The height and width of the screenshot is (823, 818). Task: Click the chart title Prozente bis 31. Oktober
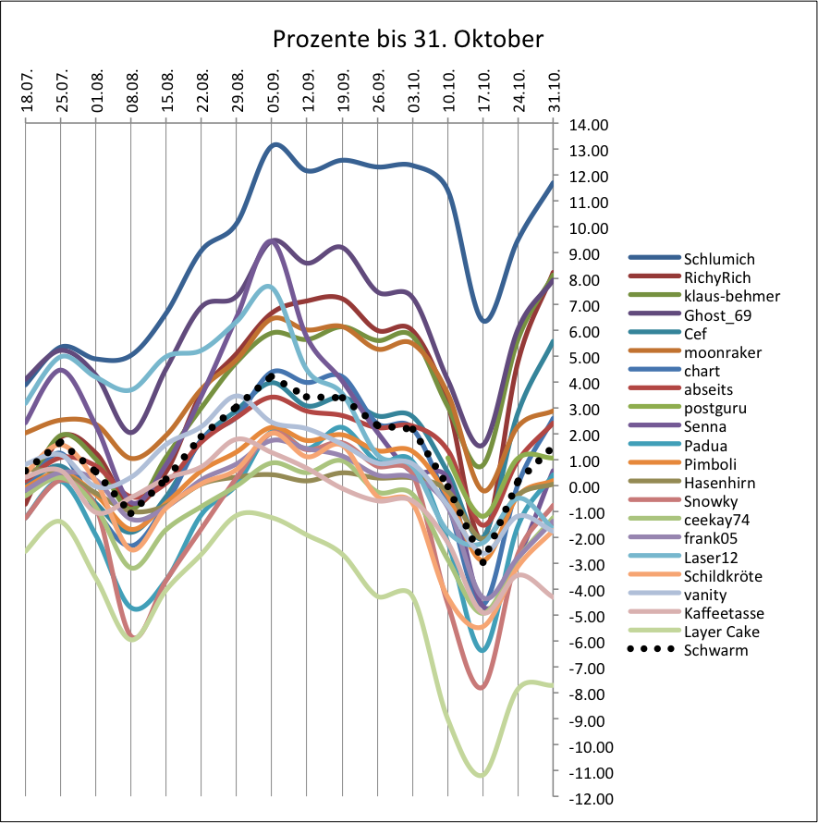coord(408,40)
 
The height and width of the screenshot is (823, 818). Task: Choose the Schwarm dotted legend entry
coord(714,650)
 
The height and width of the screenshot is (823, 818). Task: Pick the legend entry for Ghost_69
coord(716,314)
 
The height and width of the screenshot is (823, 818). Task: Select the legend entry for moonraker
coord(721,351)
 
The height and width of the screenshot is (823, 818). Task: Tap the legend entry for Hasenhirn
coord(719,482)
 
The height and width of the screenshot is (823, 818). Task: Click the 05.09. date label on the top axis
coord(274,91)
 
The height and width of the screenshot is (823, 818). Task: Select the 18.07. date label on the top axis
coord(27,91)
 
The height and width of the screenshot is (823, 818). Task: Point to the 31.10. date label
coord(554,91)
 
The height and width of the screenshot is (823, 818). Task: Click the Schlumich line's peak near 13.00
coord(275,144)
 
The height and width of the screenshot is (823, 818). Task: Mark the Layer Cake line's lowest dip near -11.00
coord(481,775)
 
